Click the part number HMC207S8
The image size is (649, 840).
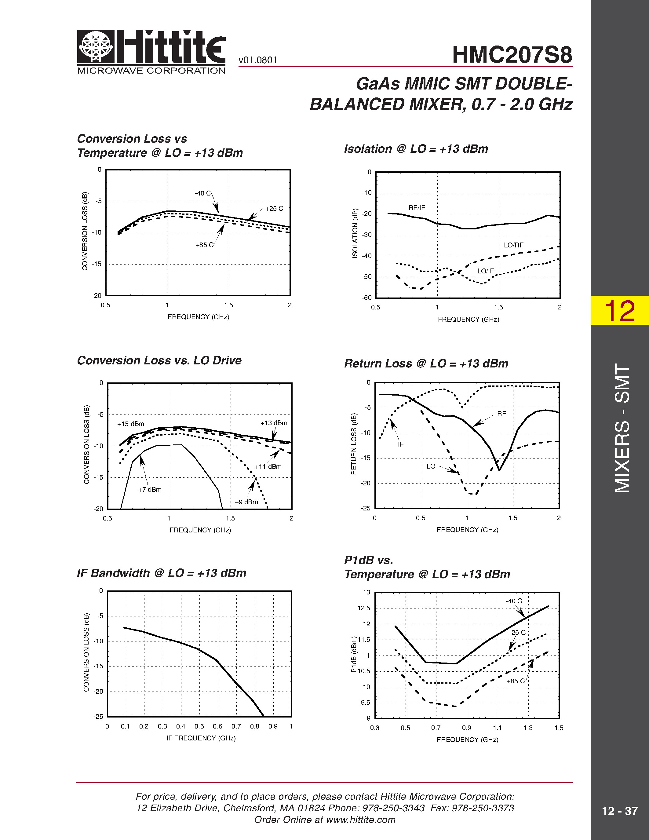point(512,55)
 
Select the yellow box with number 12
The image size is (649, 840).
point(619,310)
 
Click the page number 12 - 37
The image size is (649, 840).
point(619,811)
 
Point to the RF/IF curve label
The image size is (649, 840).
point(417,208)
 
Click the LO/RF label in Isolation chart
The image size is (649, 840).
point(514,245)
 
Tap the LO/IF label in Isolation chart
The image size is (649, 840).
point(485,271)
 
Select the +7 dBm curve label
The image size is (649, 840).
point(150,490)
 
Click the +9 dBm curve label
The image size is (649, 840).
point(246,502)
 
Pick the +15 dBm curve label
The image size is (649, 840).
point(131,424)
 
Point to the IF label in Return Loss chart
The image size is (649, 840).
point(401,444)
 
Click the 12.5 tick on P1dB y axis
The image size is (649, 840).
point(364,608)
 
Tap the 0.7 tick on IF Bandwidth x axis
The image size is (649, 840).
point(236,726)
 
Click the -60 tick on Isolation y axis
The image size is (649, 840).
point(367,298)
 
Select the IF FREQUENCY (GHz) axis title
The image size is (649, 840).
point(201,738)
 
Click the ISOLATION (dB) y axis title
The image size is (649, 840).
point(355,233)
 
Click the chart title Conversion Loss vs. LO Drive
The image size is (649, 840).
point(159,360)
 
